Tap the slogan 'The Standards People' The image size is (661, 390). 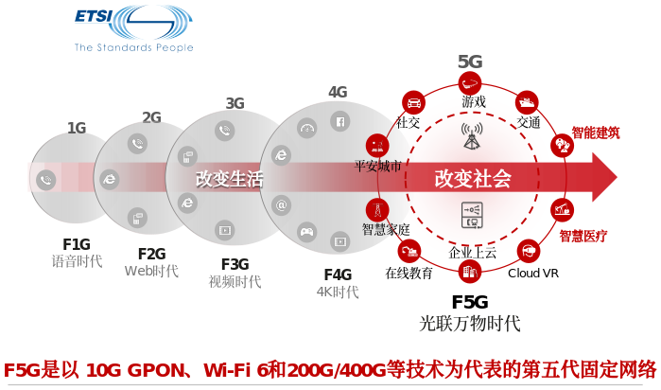133,47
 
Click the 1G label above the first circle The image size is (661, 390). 77,128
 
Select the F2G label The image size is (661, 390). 151,254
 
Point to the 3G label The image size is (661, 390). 235,103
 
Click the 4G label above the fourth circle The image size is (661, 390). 338,92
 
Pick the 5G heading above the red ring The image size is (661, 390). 470,62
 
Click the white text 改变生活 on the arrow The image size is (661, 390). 229,178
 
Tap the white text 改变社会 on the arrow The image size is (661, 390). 473,178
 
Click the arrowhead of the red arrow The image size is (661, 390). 602,177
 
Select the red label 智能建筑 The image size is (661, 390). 596,133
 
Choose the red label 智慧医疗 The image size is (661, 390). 583,236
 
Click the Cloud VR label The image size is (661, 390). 533,274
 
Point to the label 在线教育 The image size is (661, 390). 409,274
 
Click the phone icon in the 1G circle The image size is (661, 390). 44,179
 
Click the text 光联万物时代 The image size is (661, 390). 470,325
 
